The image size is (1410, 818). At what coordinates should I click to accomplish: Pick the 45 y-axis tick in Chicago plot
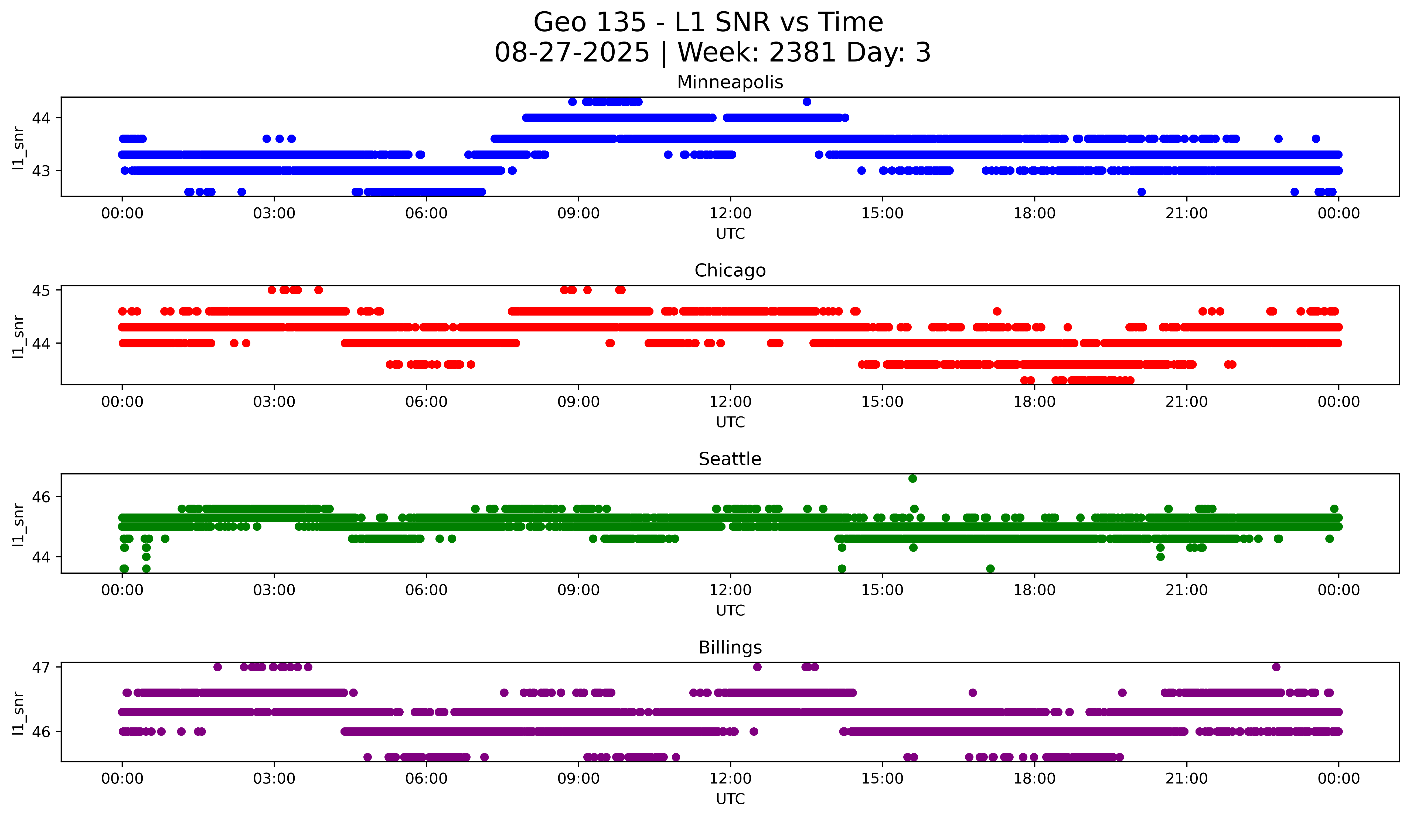point(41,290)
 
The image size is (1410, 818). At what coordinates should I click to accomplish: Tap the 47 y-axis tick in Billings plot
point(41,667)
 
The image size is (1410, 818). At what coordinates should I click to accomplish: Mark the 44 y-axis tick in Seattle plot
point(41,557)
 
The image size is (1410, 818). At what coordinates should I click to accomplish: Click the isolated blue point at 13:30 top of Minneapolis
point(806,102)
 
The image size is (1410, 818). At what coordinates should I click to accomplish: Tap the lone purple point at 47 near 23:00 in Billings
point(1276,667)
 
